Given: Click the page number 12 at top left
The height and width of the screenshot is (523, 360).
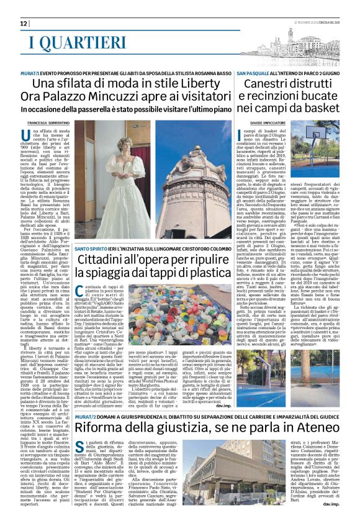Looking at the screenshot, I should coord(24,23).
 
